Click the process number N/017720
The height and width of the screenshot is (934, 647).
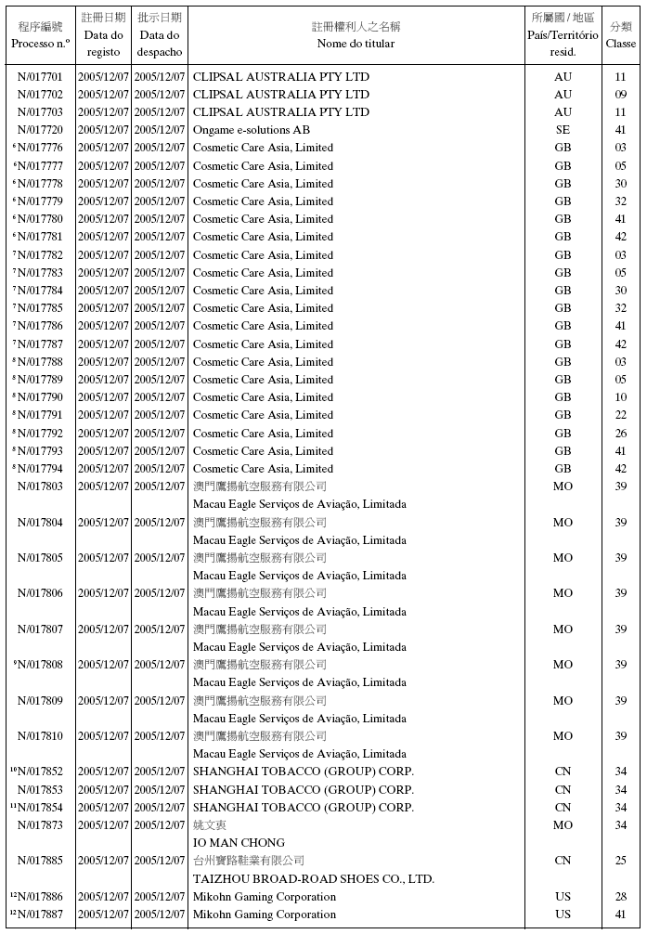[40, 130]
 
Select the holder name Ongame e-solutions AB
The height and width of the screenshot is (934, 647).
[251, 130]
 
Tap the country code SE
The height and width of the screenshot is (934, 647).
[563, 130]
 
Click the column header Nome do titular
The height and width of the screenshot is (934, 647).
[356, 44]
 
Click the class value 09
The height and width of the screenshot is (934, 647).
[621, 95]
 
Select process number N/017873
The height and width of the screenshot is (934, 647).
[40, 825]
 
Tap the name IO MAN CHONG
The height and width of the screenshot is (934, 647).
[239, 843]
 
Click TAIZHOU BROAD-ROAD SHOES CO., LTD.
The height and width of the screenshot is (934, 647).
[313, 878]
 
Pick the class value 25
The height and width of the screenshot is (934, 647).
[621, 861]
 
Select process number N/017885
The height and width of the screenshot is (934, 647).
[40, 861]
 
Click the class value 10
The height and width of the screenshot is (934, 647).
[621, 397]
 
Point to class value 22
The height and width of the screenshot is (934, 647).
[621, 415]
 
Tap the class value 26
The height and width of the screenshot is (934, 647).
[621, 434]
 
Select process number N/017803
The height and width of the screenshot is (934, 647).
[40, 486]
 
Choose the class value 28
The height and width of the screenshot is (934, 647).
[621, 897]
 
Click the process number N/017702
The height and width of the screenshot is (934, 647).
[40, 95]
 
